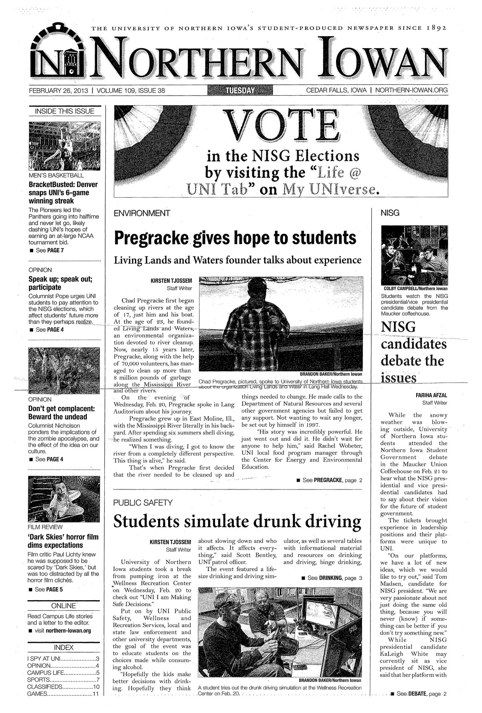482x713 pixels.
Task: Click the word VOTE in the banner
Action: [283, 125]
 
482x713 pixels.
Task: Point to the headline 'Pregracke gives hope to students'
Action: [236, 238]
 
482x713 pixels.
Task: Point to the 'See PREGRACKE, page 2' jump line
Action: [329, 480]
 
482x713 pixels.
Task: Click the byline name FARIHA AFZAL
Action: [432, 395]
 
